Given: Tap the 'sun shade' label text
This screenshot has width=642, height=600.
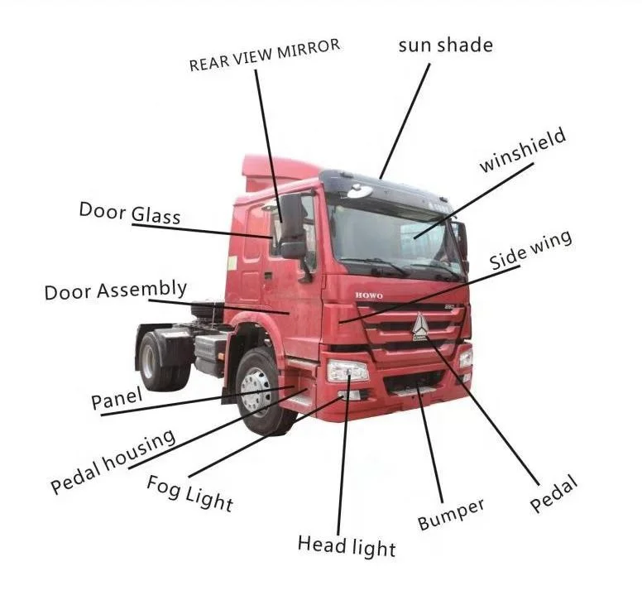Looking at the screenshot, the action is click(445, 45).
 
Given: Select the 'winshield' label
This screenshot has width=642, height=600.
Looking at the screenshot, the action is click(523, 151).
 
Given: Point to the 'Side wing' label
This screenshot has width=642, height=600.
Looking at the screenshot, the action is click(530, 251).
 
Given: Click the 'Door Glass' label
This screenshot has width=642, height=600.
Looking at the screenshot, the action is click(129, 212).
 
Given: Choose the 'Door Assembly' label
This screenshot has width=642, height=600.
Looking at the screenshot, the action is click(115, 290).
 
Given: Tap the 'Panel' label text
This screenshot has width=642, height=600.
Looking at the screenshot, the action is click(117, 401).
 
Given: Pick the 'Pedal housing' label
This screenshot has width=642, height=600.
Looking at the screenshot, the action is click(113, 461).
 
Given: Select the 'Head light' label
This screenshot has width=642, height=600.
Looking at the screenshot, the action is click(347, 545).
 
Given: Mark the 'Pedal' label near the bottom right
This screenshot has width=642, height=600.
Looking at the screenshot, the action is click(553, 494).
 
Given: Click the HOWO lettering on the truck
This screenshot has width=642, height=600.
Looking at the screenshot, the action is click(369, 295).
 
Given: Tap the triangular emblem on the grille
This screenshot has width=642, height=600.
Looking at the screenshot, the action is click(420, 325).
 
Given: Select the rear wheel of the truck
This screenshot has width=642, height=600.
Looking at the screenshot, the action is click(156, 361).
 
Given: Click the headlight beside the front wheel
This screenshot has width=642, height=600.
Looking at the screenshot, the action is click(347, 370).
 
